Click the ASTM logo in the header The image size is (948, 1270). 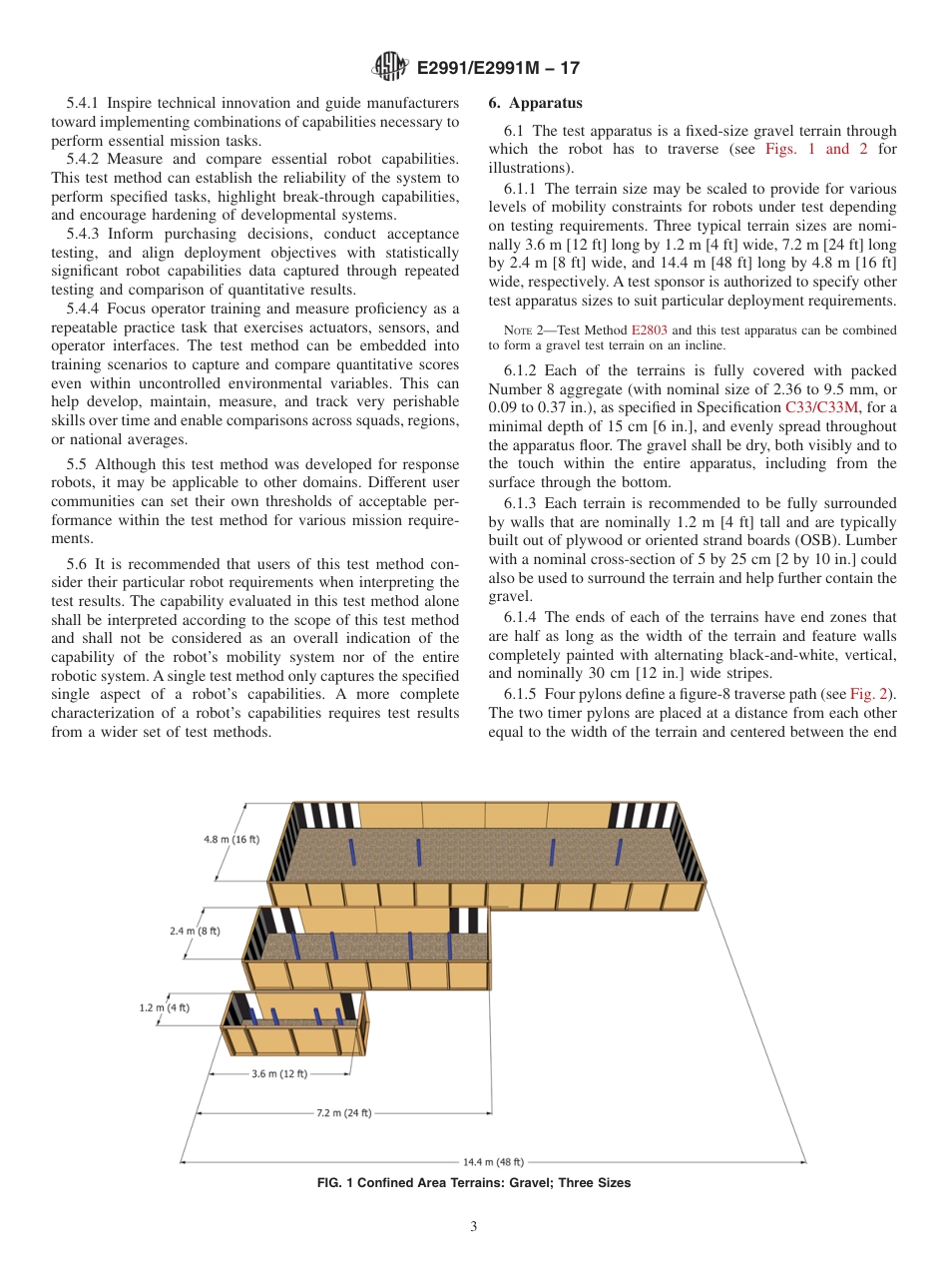[x=390, y=67]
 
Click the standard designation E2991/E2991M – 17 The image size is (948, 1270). [x=497, y=68]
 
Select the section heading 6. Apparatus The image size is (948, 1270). [x=536, y=104]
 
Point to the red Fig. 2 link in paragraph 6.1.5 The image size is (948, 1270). [x=871, y=695]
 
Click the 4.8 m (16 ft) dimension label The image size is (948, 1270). [x=232, y=839]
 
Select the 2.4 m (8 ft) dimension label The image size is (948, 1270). [x=196, y=931]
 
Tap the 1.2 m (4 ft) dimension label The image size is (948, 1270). [x=164, y=1008]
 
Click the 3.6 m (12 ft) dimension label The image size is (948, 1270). [x=278, y=1073]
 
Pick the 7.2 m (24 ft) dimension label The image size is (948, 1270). [x=340, y=1112]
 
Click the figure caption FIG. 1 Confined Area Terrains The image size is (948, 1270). [x=473, y=1183]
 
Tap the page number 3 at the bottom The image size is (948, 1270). [x=474, y=1227]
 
